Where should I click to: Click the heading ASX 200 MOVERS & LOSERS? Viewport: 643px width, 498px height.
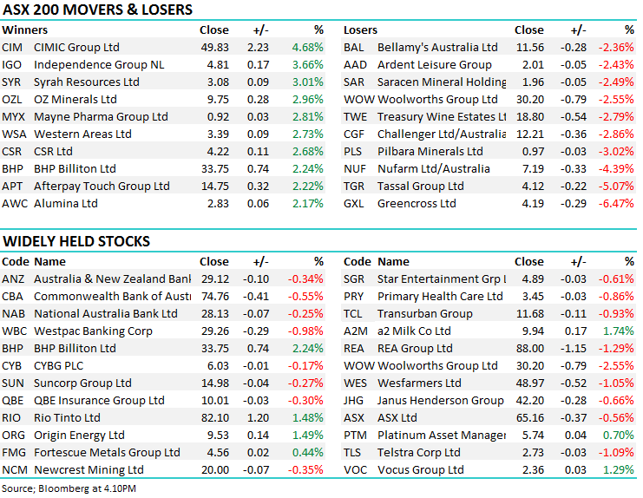[x=97, y=10]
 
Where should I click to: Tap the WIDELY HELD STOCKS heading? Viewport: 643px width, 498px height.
[x=76, y=241]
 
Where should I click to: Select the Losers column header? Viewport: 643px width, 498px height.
[x=360, y=29]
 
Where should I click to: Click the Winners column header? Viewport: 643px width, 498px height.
[x=25, y=29]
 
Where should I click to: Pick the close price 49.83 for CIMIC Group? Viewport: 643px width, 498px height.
[x=214, y=47]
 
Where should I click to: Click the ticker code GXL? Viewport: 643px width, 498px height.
[x=354, y=203]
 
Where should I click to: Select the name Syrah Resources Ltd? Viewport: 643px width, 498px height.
[x=86, y=82]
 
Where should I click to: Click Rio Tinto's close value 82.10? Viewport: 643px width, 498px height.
[x=214, y=417]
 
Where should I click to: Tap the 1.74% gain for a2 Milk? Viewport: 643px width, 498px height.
[x=617, y=331]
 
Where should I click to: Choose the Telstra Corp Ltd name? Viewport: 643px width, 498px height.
[x=419, y=452]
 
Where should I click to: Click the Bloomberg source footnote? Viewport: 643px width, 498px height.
[x=69, y=489]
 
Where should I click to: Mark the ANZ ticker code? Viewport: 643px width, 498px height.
[x=13, y=278]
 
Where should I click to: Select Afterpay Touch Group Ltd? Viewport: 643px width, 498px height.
[x=102, y=186]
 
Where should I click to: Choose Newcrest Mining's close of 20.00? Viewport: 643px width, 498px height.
[x=214, y=469]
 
